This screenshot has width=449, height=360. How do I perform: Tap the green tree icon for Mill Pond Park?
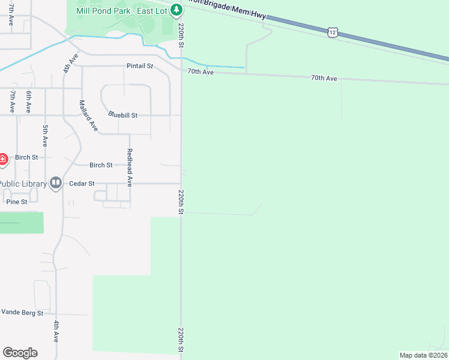pyautogui.click(x=176, y=10)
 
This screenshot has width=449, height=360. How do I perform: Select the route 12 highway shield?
pyautogui.click(x=333, y=33)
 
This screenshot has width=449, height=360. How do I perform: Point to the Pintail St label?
pyautogui.click(x=140, y=65)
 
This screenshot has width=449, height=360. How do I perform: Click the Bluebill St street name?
pyautogui.click(x=123, y=115)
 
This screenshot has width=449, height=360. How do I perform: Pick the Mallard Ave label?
pyautogui.click(x=88, y=115)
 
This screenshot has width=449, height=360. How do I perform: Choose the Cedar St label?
pyautogui.click(x=82, y=183)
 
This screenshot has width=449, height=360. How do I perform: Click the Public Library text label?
pyautogui.click(x=23, y=183)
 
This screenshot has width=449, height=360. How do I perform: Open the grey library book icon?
pyautogui.click(x=56, y=182)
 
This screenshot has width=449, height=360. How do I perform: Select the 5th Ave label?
pyautogui.click(x=45, y=136)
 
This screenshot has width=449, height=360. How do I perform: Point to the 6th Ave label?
pyautogui.click(x=28, y=102)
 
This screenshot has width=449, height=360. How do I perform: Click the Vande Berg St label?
pyautogui.click(x=22, y=313)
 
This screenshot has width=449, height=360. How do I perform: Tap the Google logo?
pyautogui.click(x=20, y=353)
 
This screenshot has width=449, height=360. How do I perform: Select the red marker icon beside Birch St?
pyautogui.click(x=3, y=159)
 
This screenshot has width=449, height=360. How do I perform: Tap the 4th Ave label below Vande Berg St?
pyautogui.click(x=56, y=331)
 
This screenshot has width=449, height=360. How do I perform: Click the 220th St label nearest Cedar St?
pyautogui.click(x=180, y=202)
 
